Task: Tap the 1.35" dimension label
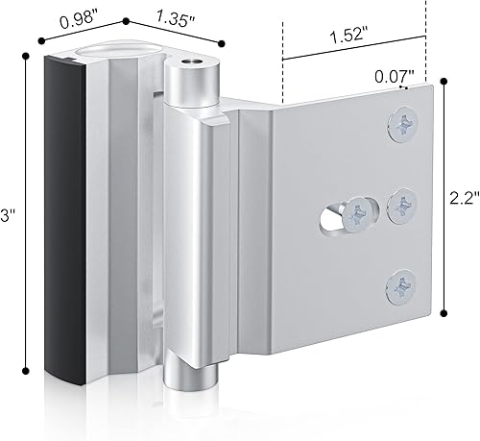coord(176,19)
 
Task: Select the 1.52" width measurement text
coord(349,36)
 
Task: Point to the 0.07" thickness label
coord(395,77)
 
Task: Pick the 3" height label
coord(6,215)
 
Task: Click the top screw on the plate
coord(403,124)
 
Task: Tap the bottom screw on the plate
coord(401,286)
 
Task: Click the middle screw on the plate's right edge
coord(402,205)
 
